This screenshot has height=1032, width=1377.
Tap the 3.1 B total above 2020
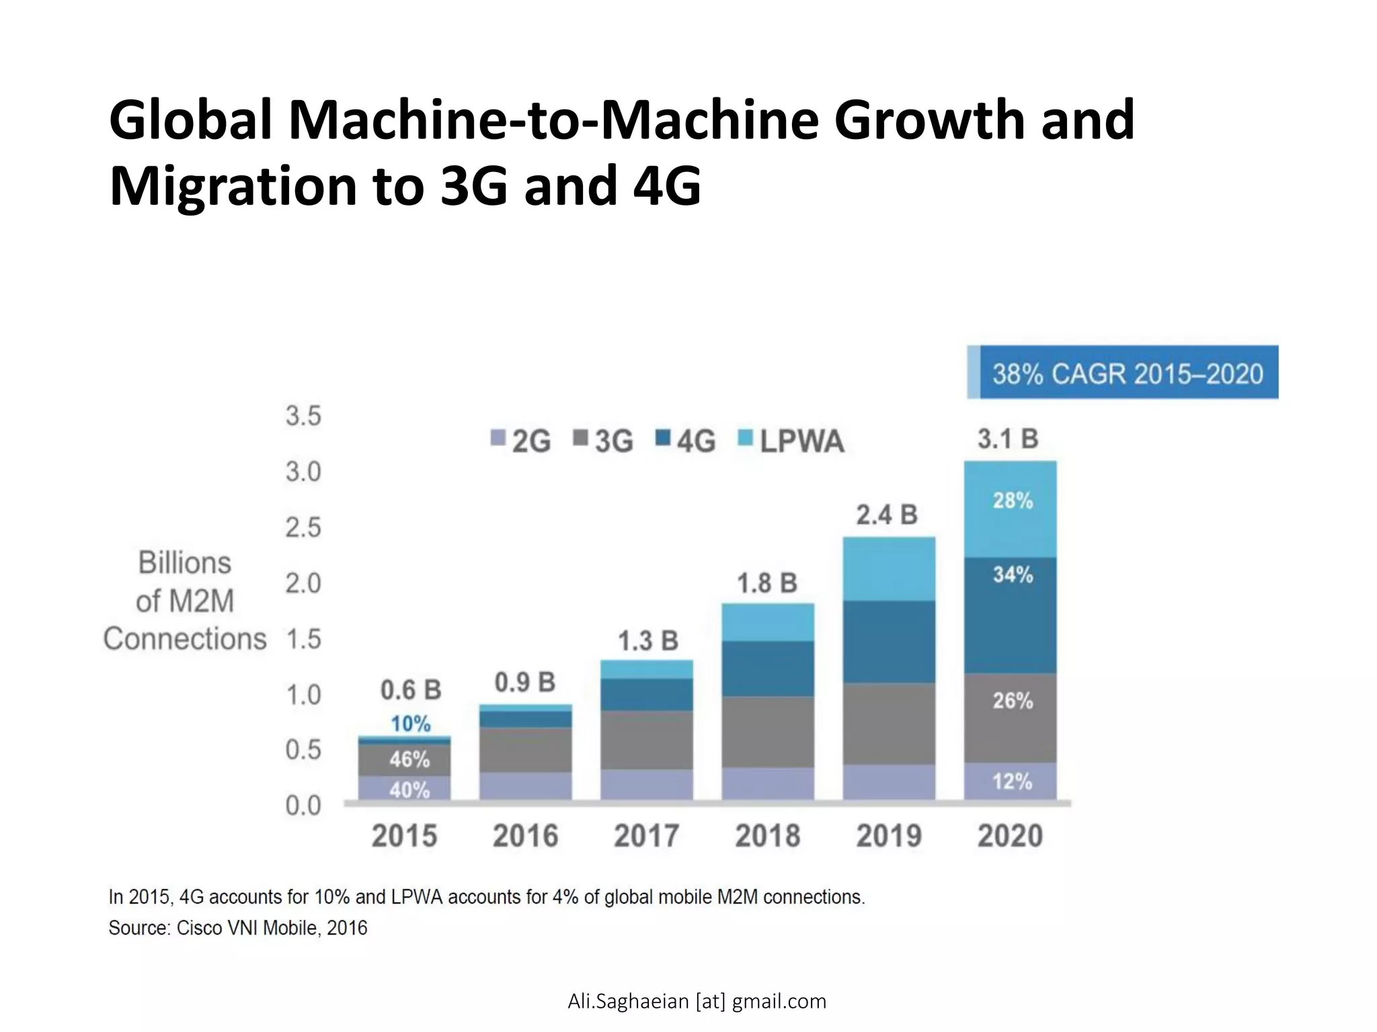click(x=1008, y=439)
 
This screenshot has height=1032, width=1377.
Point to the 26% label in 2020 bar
click(x=1012, y=701)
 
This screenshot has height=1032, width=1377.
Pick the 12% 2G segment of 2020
click(x=1012, y=781)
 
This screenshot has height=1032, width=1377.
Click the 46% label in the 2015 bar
click(x=409, y=760)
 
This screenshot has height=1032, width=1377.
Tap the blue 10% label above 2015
click(x=410, y=724)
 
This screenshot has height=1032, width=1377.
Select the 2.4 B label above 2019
click(x=886, y=515)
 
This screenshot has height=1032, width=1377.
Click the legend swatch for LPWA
click(x=745, y=437)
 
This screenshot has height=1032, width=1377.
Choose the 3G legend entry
click(x=604, y=441)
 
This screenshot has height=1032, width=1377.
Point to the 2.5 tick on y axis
click(x=303, y=528)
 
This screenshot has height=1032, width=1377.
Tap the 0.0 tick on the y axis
click(x=303, y=805)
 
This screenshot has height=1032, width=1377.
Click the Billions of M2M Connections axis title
click(x=185, y=601)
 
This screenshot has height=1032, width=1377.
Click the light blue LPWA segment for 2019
click(x=889, y=569)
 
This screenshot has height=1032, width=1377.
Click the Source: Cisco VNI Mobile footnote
click(x=238, y=928)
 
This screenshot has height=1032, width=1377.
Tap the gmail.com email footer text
click(x=697, y=1001)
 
